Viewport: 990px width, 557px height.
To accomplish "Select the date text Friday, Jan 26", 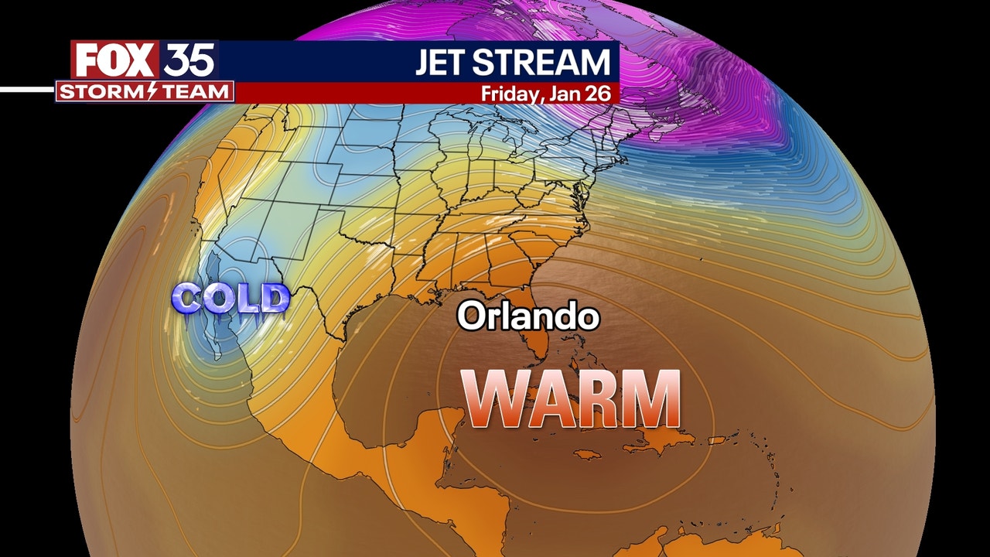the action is [546, 94].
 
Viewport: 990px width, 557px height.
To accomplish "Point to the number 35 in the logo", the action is [189, 60].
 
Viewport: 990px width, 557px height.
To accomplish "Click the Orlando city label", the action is [528, 316].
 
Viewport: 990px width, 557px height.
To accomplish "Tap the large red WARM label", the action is [572, 399].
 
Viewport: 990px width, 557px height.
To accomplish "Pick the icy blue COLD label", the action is [230, 299].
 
